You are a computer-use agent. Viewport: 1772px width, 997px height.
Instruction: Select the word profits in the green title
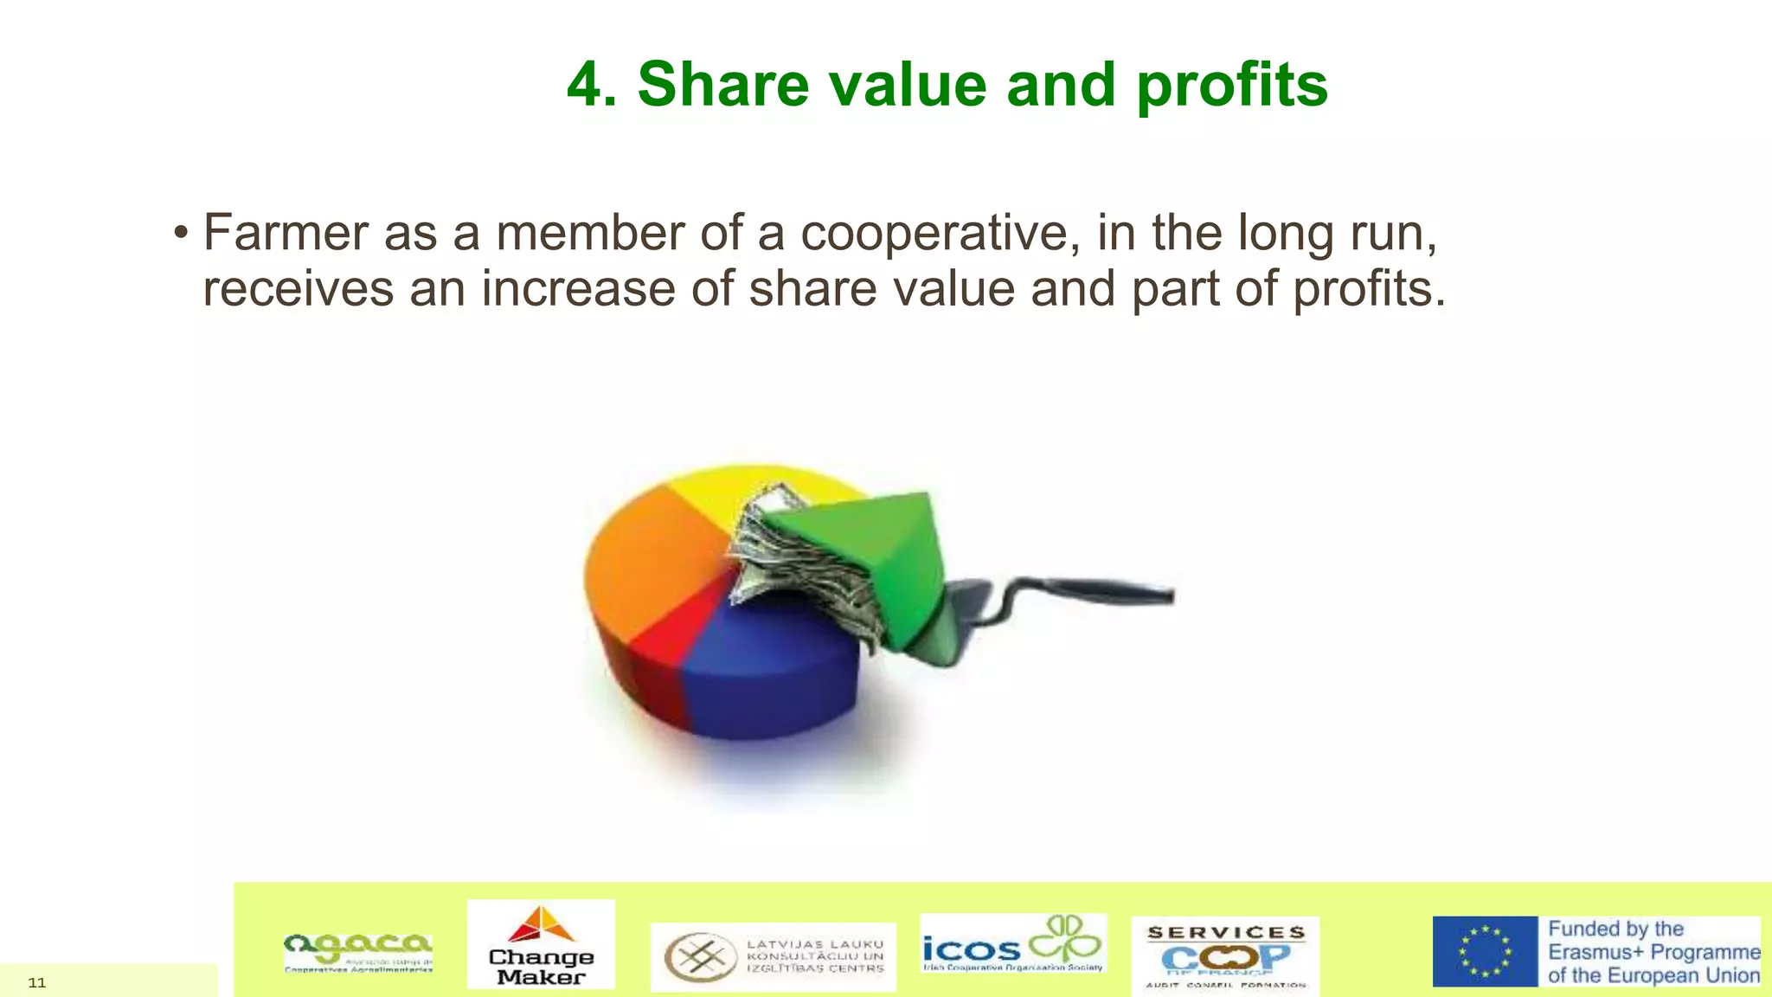(x=1231, y=87)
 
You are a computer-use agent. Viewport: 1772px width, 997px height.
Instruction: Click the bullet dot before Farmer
(x=180, y=233)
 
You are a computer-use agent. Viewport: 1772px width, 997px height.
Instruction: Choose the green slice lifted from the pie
(x=874, y=554)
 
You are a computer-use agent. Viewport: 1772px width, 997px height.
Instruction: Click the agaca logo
(x=358, y=951)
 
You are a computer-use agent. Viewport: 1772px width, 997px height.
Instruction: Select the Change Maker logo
(x=541, y=944)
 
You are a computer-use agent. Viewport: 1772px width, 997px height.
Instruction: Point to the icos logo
(x=1012, y=944)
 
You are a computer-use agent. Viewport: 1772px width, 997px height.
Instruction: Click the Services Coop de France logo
(x=1225, y=955)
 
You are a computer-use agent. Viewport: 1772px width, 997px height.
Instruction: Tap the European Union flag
(x=1485, y=951)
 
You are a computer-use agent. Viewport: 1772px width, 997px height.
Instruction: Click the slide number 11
(x=37, y=982)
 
